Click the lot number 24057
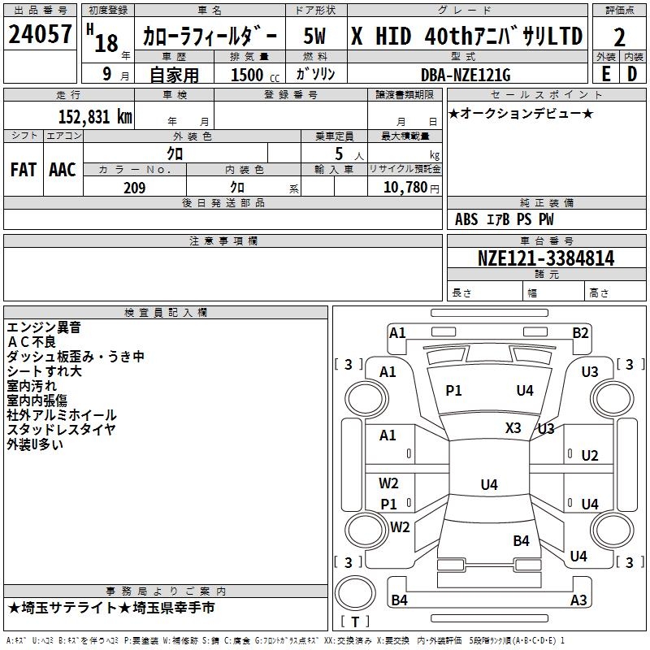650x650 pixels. (40, 34)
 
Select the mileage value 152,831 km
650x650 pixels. (95, 117)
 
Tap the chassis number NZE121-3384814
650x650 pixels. (546, 258)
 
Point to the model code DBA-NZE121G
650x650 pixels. (466, 75)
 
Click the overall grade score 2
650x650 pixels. (619, 37)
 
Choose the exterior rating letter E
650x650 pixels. (606, 74)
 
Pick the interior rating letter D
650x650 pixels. (632, 74)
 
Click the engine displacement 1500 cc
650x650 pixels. (255, 75)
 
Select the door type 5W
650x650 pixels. (314, 36)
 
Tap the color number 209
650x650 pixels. (135, 188)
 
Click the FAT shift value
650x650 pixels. (24, 170)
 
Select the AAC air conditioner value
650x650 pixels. (63, 170)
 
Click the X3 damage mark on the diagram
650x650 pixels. (513, 428)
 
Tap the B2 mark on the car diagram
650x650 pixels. (580, 333)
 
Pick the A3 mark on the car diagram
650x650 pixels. (578, 600)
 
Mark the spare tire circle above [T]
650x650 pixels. (355, 592)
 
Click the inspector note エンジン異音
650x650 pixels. (44, 327)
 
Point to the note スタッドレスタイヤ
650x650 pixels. (61, 430)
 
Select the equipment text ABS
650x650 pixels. (466, 219)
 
